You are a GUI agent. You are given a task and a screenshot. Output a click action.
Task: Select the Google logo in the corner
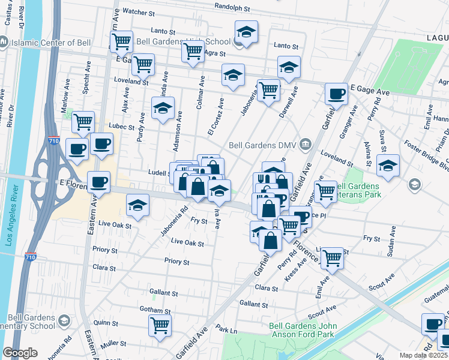coord(20,353)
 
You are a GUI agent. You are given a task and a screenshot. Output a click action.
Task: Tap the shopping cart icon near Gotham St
coord(160,325)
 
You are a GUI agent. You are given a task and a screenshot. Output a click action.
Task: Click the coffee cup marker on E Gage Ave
coord(337,93)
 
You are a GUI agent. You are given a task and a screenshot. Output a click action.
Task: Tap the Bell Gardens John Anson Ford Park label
coord(300,331)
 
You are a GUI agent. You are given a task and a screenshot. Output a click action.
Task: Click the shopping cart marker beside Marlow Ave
coord(83,122)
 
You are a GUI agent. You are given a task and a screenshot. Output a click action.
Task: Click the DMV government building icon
coord(306,144)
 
